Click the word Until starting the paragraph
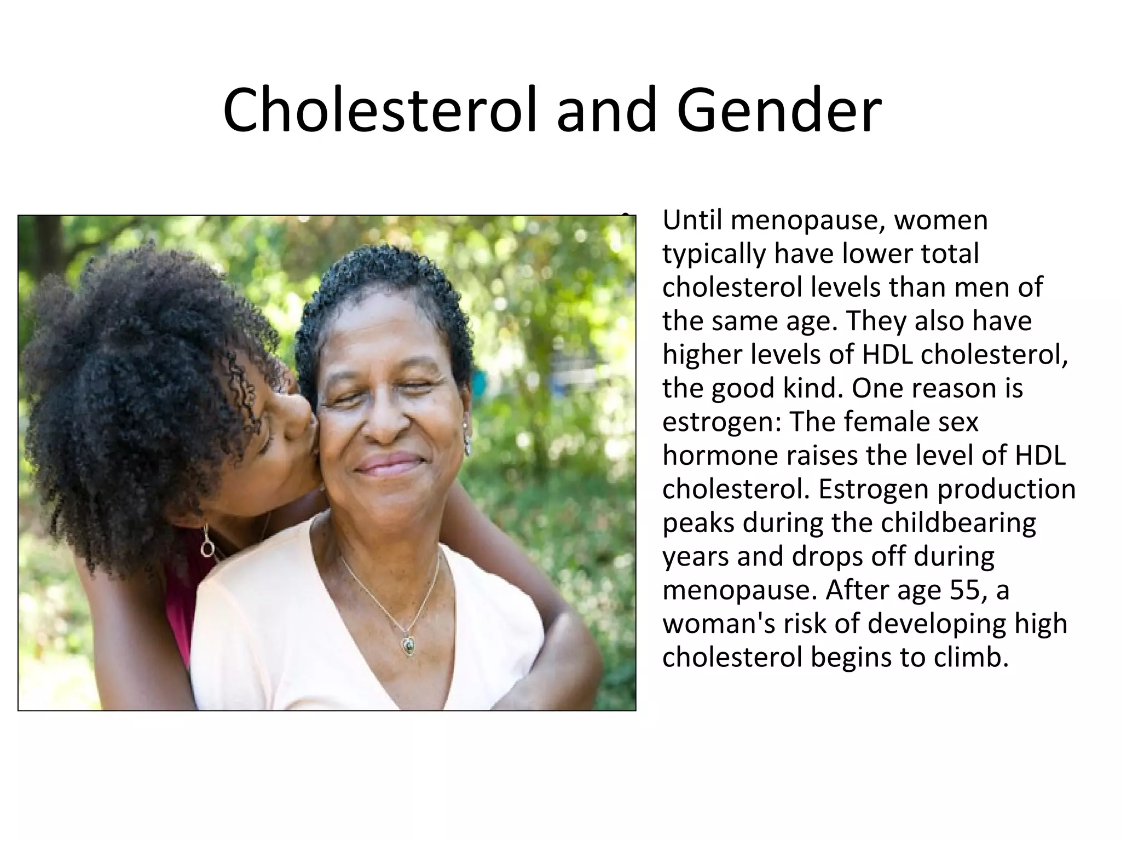tap(692, 220)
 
